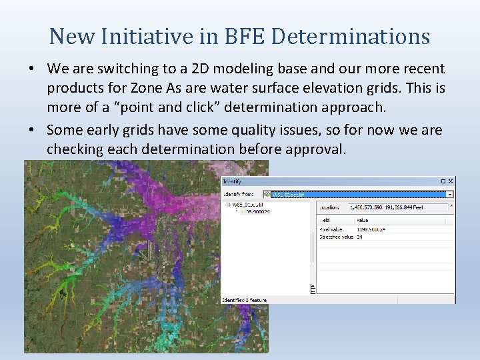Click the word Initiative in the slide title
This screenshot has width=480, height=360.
coord(149,36)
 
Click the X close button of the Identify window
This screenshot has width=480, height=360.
coord(451,181)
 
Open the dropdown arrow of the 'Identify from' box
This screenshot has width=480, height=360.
coord(450,195)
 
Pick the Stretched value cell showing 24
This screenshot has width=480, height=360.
coord(360,237)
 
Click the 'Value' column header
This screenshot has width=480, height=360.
coord(363,219)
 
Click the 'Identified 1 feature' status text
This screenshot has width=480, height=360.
coord(245,299)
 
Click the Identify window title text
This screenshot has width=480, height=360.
coord(233,181)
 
